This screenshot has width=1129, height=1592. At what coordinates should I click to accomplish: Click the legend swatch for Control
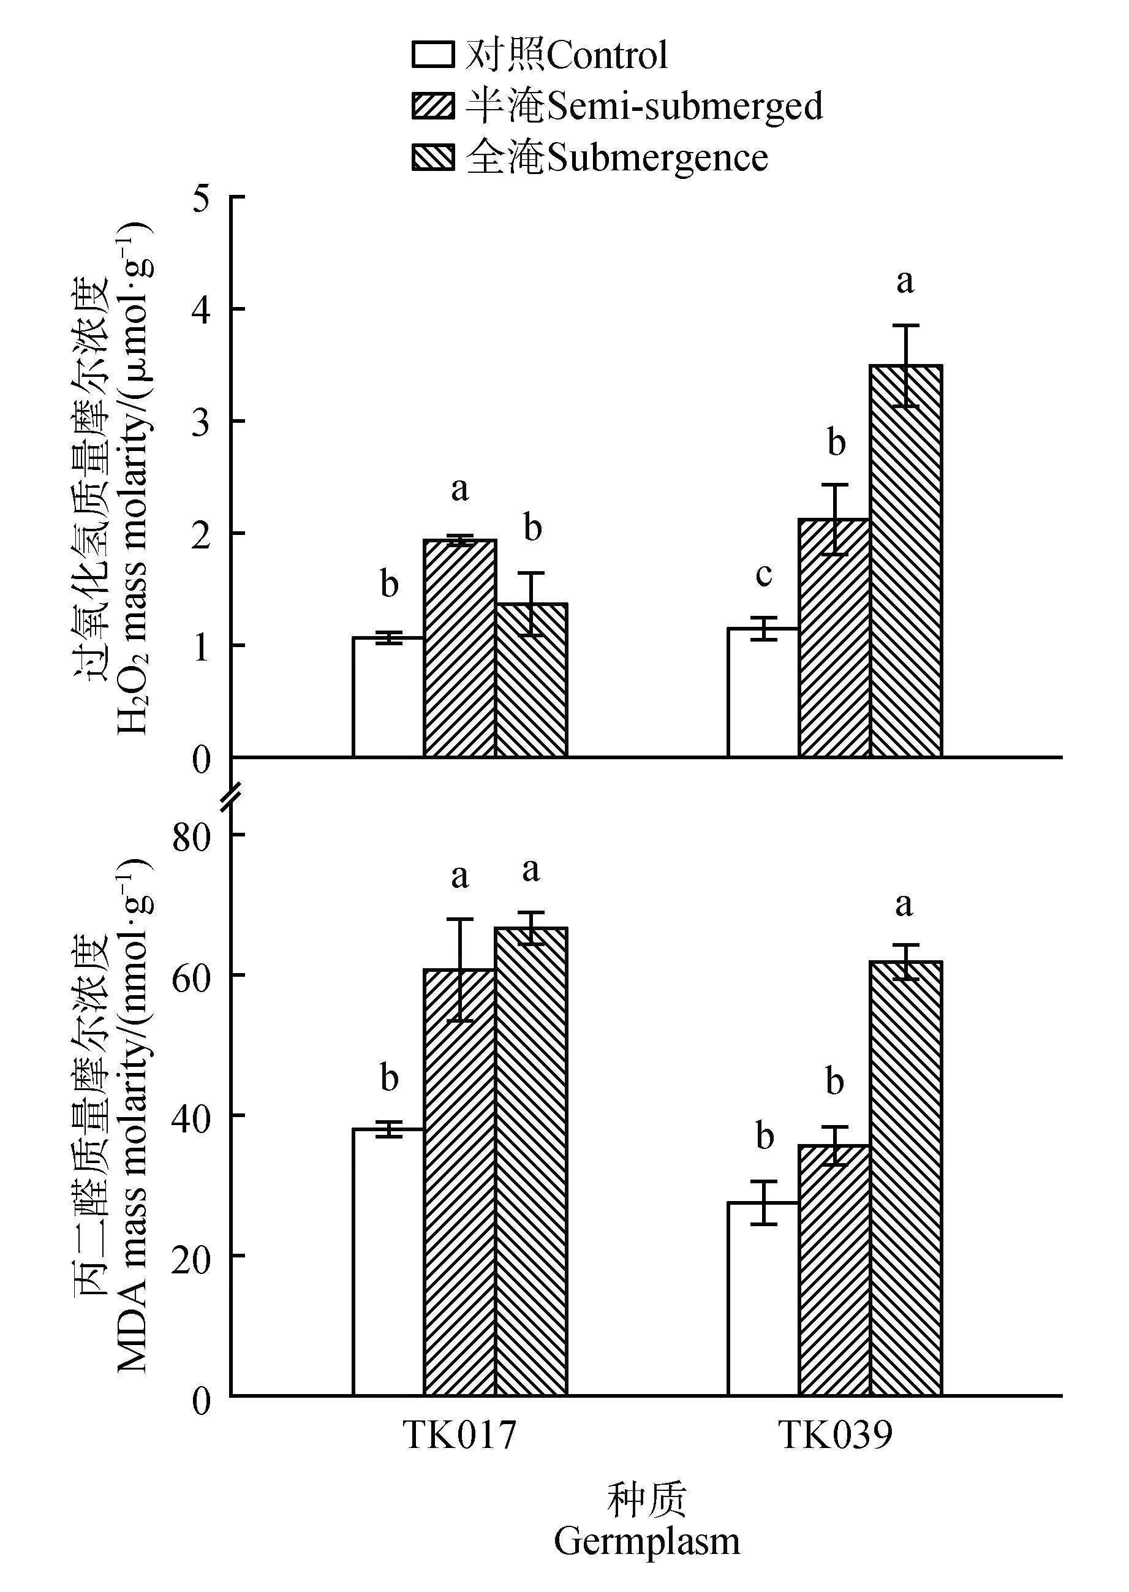(x=433, y=55)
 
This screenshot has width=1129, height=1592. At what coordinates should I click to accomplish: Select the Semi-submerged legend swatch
(x=433, y=107)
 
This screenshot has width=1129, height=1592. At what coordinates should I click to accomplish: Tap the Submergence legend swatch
(x=433, y=157)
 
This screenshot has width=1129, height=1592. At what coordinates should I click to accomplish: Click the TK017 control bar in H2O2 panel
(x=388, y=697)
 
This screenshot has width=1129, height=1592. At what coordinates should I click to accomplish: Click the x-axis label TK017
(x=459, y=1434)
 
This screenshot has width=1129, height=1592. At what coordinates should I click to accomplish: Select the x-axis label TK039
(x=835, y=1434)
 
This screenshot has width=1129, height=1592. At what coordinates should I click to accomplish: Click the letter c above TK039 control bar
(x=763, y=575)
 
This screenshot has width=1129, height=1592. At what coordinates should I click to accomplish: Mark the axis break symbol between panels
(x=232, y=795)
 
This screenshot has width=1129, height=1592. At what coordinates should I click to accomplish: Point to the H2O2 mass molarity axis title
(x=132, y=480)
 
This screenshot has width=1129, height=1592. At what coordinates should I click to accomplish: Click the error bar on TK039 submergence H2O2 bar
(x=906, y=366)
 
